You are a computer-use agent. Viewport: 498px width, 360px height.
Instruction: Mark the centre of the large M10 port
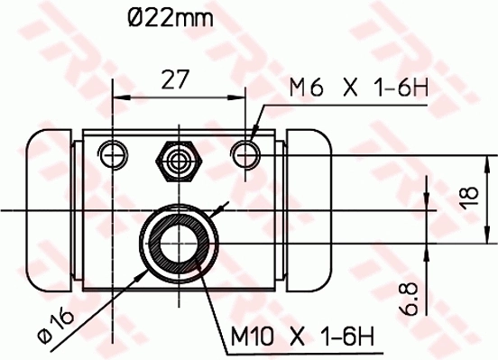point(179,242)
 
